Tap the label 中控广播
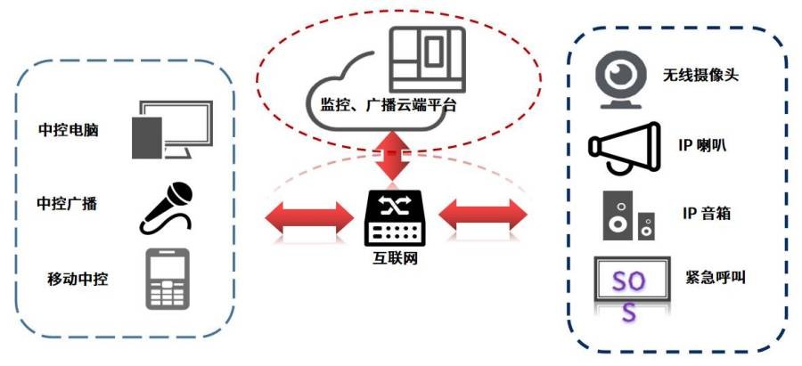67,203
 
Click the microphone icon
167,206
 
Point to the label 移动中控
78,279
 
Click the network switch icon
393,219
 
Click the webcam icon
621,79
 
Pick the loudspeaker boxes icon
627,216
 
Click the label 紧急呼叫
716,277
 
